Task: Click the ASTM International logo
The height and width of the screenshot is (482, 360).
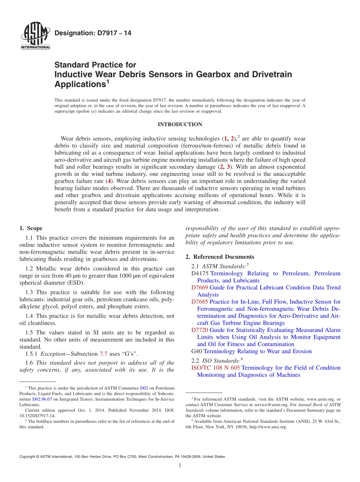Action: (x=35, y=36)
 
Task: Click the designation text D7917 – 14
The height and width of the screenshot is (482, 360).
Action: (x=93, y=33)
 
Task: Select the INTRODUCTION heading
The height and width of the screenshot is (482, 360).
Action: (x=180, y=124)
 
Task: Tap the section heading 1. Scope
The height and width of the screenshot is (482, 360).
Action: (x=31, y=228)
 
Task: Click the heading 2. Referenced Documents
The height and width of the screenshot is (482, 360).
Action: (x=220, y=257)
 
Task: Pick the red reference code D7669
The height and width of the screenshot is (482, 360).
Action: (x=200, y=288)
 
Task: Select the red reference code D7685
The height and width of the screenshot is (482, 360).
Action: (x=200, y=302)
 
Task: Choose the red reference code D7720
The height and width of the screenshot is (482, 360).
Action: (x=200, y=330)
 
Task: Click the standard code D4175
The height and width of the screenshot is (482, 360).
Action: (x=200, y=273)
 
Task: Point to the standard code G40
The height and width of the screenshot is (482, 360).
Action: (x=197, y=351)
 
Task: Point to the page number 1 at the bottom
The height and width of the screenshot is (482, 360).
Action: (x=180, y=466)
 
